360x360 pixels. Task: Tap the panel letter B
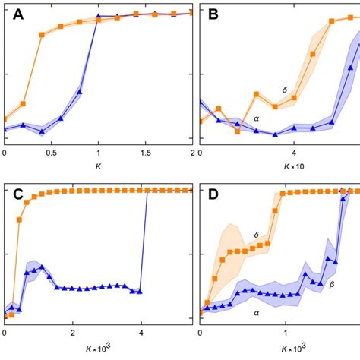pyautogui.click(x=213, y=15)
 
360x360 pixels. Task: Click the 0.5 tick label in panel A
pyautogui.click(x=52, y=152)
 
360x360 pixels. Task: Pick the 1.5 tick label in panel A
pyautogui.click(x=146, y=152)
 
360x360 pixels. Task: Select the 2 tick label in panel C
pyautogui.click(x=73, y=332)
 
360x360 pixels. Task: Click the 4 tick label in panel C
pyautogui.click(x=141, y=332)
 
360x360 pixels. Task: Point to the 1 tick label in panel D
pyautogui.click(x=286, y=332)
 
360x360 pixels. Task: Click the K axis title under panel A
pyautogui.click(x=99, y=166)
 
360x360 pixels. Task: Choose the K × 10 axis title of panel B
pyautogui.click(x=293, y=166)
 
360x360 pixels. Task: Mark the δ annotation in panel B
pyautogui.click(x=284, y=90)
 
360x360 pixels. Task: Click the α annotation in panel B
pyautogui.click(x=256, y=119)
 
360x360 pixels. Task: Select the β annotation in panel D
pyautogui.click(x=331, y=285)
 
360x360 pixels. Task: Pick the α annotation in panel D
pyautogui.click(x=255, y=310)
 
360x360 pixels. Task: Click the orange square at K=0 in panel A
pyautogui.click(x=5, y=119)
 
